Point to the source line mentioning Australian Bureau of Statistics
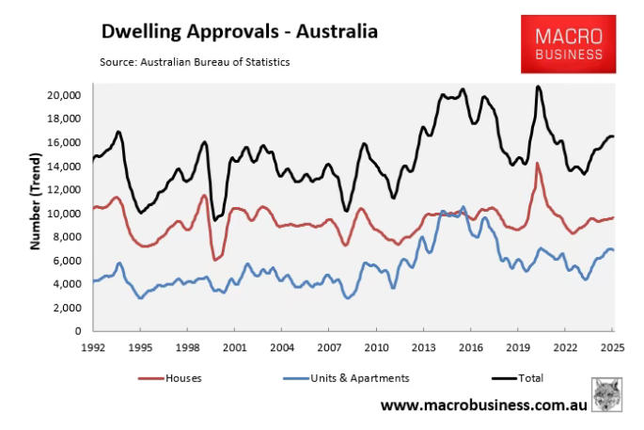[195, 62]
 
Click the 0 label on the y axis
[80, 331]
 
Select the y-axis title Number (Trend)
[35, 213]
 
